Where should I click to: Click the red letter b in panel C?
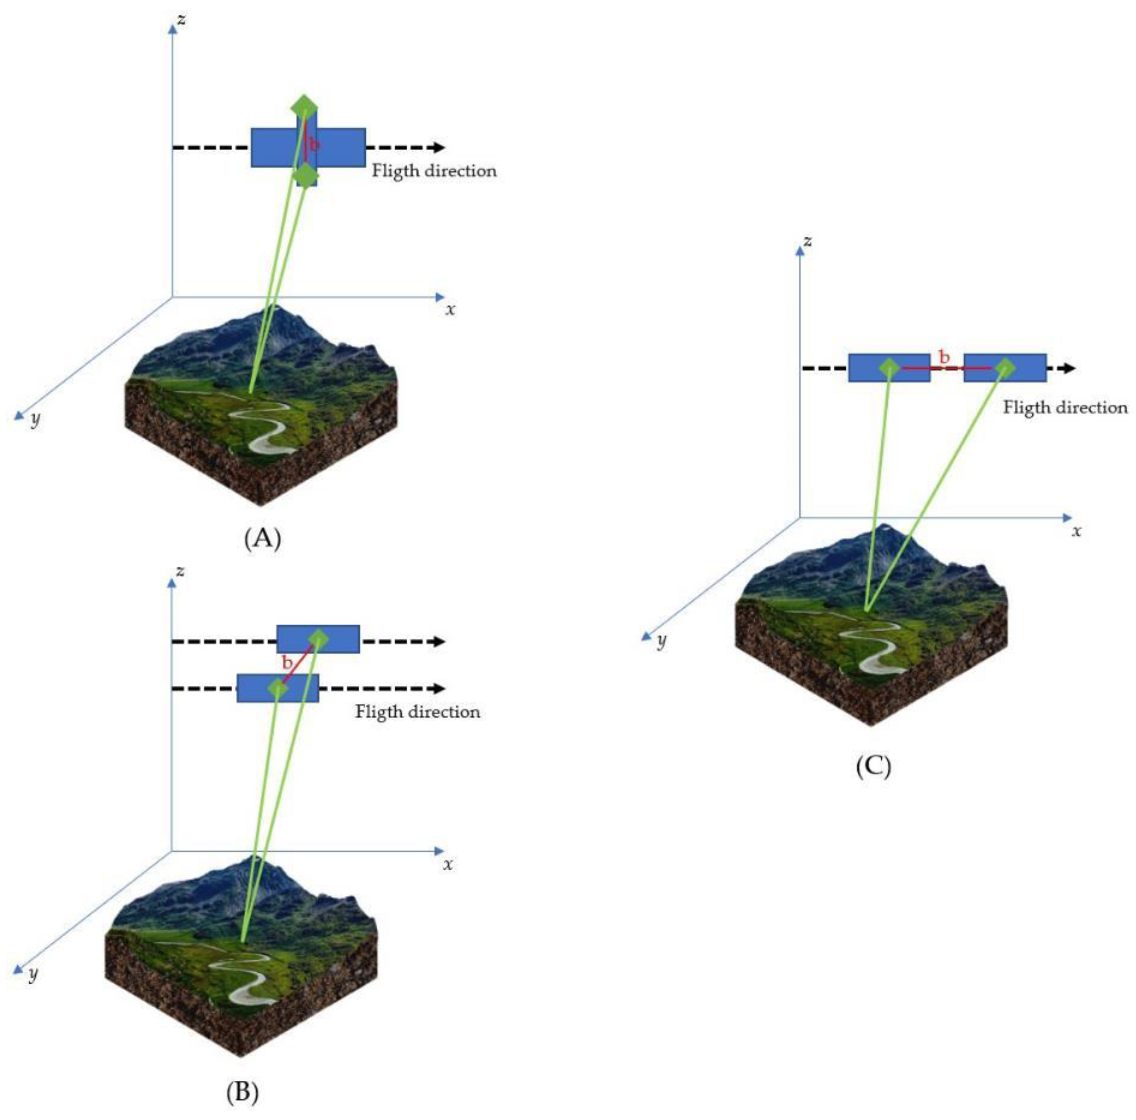pos(944,357)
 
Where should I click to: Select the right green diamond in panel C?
pos(1005,368)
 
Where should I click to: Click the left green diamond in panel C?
pos(890,368)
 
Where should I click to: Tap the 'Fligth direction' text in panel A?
pos(434,171)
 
